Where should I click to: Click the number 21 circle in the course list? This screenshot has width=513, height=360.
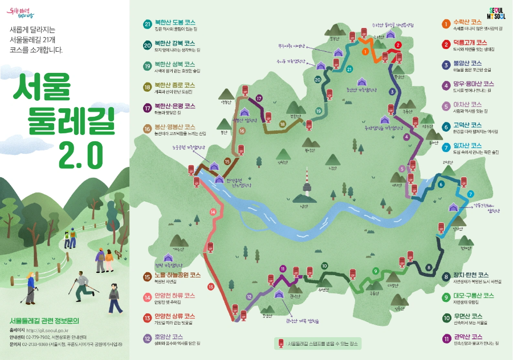(147, 24)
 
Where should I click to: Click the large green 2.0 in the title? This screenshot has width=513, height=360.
(81, 152)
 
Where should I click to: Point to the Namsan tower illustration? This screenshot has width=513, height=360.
(303, 182)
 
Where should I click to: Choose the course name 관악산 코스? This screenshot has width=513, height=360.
(470, 337)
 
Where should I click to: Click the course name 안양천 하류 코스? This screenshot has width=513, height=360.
(174, 296)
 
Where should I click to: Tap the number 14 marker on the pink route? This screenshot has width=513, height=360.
(213, 212)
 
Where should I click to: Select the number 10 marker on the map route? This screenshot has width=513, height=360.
(324, 265)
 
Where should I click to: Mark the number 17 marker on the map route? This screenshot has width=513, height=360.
(259, 99)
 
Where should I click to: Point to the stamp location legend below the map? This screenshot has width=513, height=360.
(317, 343)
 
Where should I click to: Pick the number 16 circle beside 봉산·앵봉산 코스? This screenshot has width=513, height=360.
(147, 129)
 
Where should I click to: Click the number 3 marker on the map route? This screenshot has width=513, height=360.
(392, 92)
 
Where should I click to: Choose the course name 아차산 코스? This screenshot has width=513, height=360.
(467, 105)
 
